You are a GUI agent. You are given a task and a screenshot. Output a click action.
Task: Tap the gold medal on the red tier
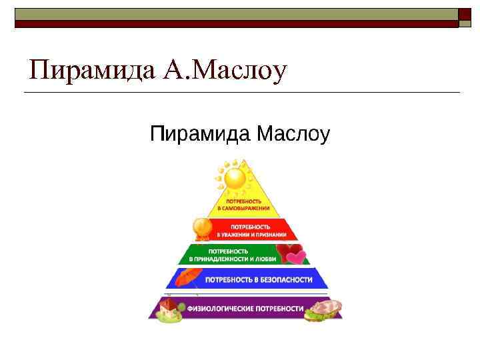point(202,229)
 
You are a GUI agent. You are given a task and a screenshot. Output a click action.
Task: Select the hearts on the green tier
point(291,254)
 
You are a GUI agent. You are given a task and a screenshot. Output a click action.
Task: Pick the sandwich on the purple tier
point(325,309)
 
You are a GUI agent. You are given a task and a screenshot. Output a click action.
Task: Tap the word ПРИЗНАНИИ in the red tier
point(273,235)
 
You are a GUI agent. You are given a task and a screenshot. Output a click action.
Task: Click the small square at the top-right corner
point(465,15)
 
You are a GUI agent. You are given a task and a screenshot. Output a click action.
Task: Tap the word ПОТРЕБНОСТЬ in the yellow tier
point(244,201)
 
